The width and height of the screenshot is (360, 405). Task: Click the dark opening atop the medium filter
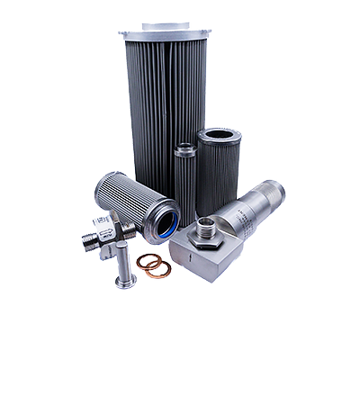click(220, 136)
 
